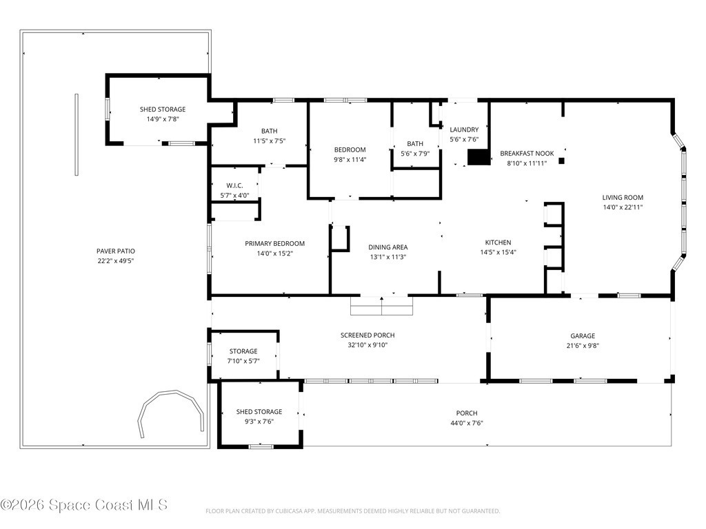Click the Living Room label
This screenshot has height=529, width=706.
point(623,198)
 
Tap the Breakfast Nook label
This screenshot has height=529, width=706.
point(527,154)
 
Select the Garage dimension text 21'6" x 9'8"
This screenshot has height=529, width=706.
point(583,346)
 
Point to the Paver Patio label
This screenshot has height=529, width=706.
point(116,251)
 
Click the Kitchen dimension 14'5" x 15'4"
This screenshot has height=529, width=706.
point(498,252)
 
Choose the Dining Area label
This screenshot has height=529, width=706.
point(388,247)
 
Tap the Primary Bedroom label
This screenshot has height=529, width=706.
point(274,243)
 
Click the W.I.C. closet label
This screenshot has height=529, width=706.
point(234,185)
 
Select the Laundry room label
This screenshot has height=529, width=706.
point(464,129)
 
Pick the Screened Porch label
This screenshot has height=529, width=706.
point(367,335)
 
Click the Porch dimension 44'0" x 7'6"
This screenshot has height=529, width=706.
point(467,423)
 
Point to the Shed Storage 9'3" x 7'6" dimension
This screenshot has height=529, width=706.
point(259,422)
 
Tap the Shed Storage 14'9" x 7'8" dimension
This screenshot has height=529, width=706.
point(163,119)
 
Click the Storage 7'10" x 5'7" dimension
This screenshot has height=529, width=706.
point(243,361)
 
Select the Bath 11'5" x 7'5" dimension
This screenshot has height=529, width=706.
point(270,141)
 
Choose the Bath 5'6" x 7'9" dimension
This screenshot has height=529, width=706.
point(415,154)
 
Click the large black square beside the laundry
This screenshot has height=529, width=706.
point(478,157)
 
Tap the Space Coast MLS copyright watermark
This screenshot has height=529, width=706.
point(84,505)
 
